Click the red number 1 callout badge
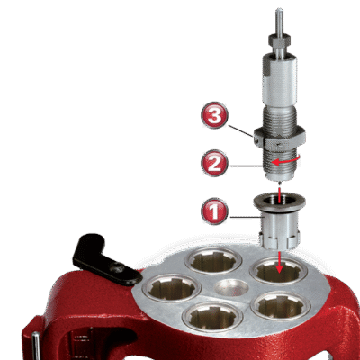tap(214, 211)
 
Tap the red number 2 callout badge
tap(214, 164)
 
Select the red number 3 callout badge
tap(214, 115)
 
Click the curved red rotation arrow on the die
tap(285, 161)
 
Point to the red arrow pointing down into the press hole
tap(280, 263)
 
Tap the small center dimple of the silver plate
tap(231, 287)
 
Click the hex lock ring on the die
tap(280, 139)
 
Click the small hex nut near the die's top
tap(279, 39)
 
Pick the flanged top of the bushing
tap(280, 202)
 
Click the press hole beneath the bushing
tap(279, 271)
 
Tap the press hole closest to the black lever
tap(172, 288)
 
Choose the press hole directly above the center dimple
tap(213, 260)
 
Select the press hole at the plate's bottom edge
tap(212, 316)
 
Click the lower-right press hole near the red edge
tap(281, 305)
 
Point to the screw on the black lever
tap(119, 266)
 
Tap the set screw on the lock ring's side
tap(256, 139)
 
